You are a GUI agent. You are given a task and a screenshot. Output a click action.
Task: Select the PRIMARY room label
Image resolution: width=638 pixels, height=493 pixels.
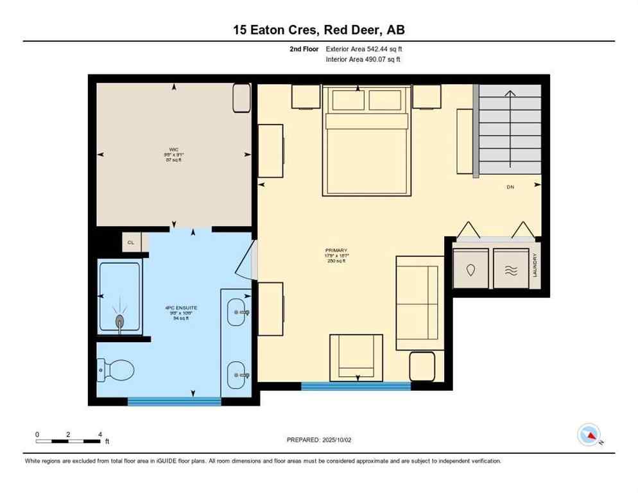click(336, 250)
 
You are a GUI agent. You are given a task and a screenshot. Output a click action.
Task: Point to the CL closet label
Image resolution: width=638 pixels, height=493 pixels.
click(131, 243)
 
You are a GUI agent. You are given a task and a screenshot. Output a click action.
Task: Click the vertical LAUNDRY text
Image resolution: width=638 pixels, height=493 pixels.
click(534, 265)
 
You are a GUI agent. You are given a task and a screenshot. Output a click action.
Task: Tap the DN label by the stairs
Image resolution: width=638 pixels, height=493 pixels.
click(510, 187)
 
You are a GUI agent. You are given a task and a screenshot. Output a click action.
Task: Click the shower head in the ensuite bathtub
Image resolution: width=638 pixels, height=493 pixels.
click(119, 320)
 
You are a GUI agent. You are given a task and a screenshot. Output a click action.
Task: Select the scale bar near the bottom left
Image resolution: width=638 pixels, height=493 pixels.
click(68, 441)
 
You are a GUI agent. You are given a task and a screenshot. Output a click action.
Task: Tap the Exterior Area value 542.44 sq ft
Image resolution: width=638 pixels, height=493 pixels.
click(364, 49)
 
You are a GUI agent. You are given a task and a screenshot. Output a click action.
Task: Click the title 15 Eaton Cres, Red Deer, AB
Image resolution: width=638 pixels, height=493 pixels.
click(318, 30)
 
